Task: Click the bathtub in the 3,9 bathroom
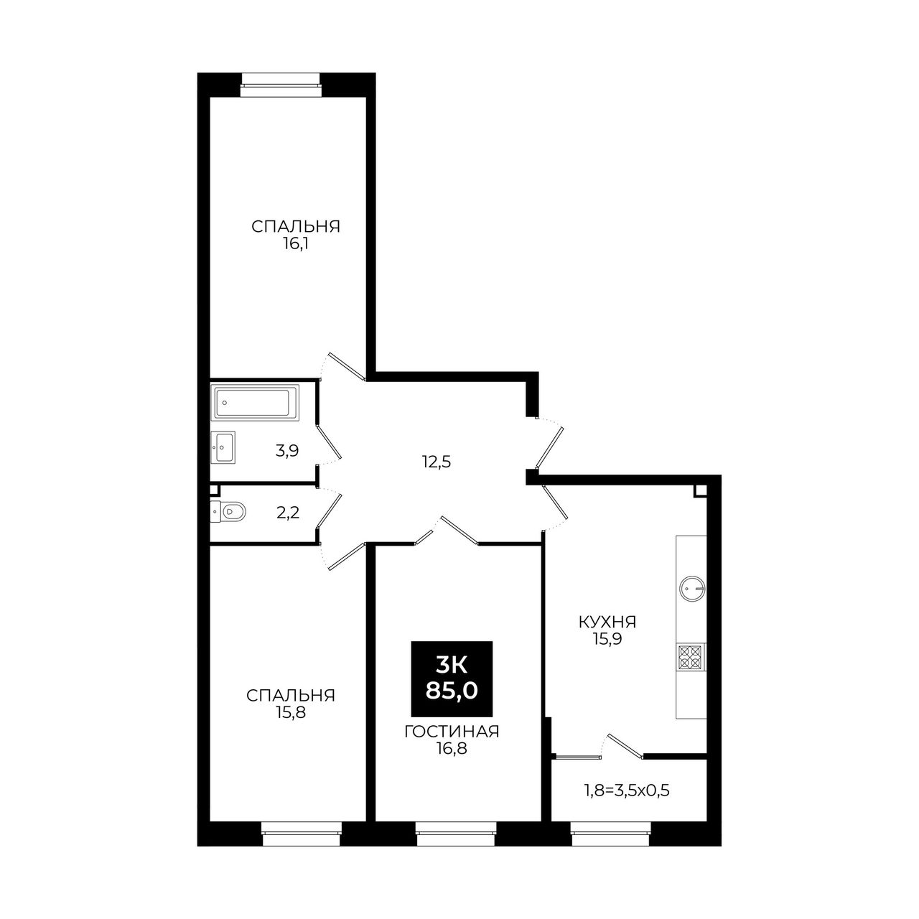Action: [255, 402]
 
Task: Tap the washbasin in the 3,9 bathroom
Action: [223, 447]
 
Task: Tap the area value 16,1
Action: [296, 244]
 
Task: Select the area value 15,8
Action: [291, 712]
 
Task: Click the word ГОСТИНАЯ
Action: [452, 732]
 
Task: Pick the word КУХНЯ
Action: [607, 622]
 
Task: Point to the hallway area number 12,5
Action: [436, 462]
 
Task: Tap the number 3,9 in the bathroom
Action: [287, 451]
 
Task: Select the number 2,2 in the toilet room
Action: [288, 513]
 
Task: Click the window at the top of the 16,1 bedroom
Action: [281, 85]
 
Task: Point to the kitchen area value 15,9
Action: [607, 639]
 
